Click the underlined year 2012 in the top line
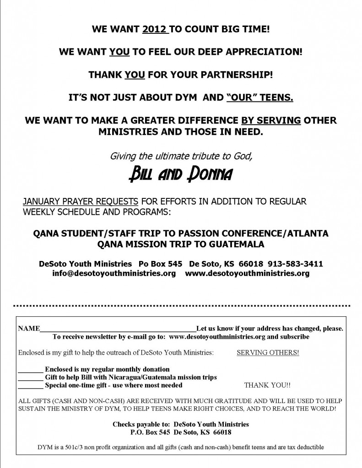coord(156,30)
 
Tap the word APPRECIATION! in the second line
coord(264,52)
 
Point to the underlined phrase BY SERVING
coord(270,121)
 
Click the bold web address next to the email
coord(247,274)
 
